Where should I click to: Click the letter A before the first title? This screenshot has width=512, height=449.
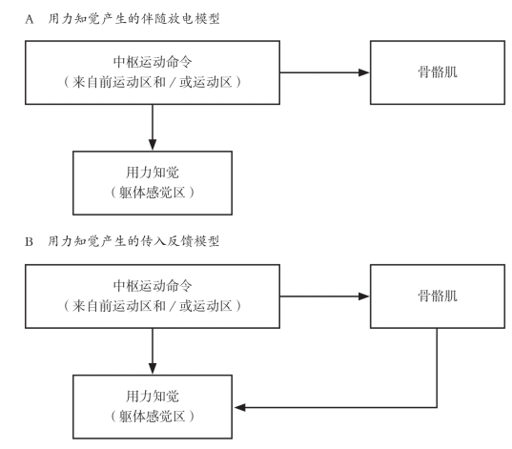click(x=30, y=20)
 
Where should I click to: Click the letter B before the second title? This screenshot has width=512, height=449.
click(x=29, y=242)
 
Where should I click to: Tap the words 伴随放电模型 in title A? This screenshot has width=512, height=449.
click(x=180, y=19)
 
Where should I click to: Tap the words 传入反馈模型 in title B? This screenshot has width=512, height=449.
click(x=180, y=241)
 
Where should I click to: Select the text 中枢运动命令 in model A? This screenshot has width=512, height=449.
click(x=153, y=62)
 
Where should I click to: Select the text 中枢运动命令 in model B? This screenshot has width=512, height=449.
click(x=153, y=286)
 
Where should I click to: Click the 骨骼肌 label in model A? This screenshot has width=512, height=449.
click(x=438, y=72)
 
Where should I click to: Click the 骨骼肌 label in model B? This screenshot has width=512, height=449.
click(x=438, y=296)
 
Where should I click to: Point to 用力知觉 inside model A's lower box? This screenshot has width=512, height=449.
click(x=153, y=173)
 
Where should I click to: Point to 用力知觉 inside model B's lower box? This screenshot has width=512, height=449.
click(x=153, y=397)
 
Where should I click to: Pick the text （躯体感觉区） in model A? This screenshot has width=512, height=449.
click(x=153, y=193)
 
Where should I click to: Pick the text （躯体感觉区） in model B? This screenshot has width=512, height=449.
click(x=153, y=417)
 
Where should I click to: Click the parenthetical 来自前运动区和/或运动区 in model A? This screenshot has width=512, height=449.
click(x=153, y=82)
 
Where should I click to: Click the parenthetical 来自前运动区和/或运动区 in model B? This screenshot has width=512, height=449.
click(x=153, y=306)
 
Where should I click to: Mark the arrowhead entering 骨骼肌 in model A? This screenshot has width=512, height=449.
click(x=364, y=72)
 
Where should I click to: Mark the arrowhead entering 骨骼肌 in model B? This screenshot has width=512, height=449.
click(x=364, y=296)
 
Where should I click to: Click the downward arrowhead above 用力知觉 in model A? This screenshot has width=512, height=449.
click(x=153, y=145)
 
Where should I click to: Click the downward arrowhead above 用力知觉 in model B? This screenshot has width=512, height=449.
click(x=153, y=369)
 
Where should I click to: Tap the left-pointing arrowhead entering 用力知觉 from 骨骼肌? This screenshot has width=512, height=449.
click(x=240, y=407)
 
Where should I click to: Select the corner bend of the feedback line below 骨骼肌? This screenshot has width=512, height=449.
click(x=437, y=407)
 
